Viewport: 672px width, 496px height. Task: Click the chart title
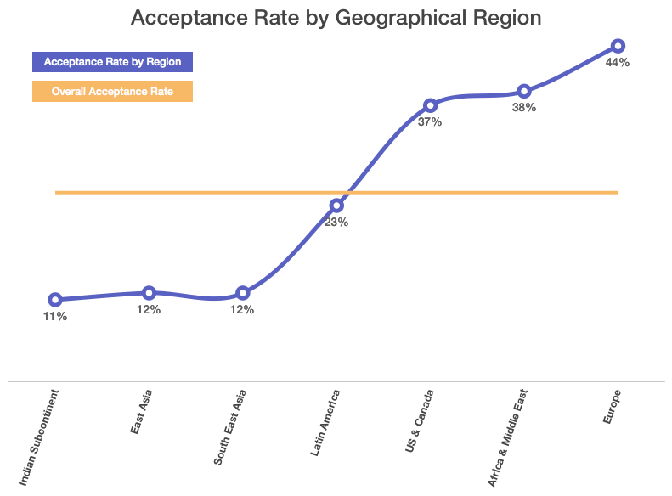tap(336, 18)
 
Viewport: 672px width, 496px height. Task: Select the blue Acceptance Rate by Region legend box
tap(112, 62)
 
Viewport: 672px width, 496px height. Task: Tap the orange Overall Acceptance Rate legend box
tap(112, 91)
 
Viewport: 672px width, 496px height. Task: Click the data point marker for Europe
tap(618, 46)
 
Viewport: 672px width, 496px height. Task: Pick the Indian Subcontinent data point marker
tap(55, 300)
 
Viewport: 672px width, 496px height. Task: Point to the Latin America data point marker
tap(336, 206)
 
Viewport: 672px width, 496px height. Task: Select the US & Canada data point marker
tap(430, 105)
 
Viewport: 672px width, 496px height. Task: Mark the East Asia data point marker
tap(149, 293)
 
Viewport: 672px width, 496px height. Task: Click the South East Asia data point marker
tap(243, 293)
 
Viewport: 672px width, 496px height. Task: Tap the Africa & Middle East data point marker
tap(524, 91)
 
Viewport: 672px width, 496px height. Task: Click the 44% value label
tap(618, 63)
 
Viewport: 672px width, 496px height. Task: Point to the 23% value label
tap(336, 223)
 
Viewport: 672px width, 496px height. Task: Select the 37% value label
tap(430, 122)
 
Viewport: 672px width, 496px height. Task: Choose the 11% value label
tap(55, 317)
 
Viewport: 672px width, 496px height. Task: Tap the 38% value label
tap(524, 108)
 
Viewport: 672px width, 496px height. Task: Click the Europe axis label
tap(612, 407)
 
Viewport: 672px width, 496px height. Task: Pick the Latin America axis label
tap(325, 423)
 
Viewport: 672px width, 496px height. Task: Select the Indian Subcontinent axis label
tap(38, 437)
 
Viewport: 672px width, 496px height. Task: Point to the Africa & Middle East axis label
tap(507, 438)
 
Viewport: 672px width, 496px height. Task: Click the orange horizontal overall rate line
tap(336, 193)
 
